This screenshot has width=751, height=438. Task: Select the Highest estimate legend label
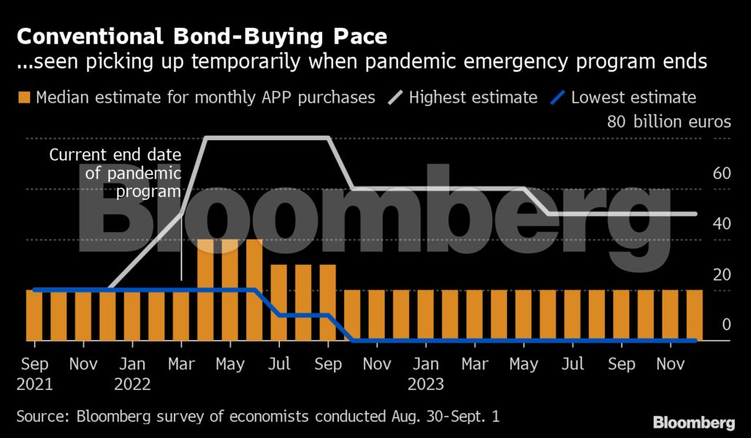pos(473,97)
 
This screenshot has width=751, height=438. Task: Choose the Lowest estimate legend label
pos(633,97)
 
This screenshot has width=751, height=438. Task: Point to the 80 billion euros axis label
pos(668,122)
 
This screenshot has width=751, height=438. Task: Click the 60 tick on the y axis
pos(722,173)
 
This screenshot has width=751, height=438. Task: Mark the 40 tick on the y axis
pos(722,224)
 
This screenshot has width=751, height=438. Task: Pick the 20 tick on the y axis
pos(722,275)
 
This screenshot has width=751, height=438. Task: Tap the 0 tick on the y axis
pos(726,325)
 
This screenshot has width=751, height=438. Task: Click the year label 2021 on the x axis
pos(35,384)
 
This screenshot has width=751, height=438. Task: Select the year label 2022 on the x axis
pos(133,384)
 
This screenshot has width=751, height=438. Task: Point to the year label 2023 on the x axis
pos(426,384)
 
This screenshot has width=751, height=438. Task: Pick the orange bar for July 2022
pos(279,302)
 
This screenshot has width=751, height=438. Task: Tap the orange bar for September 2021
pos(35,315)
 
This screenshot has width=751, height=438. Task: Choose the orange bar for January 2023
pos(426,315)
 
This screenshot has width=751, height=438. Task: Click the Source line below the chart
pos(258,417)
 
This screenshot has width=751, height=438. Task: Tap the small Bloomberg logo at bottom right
pos(693,422)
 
